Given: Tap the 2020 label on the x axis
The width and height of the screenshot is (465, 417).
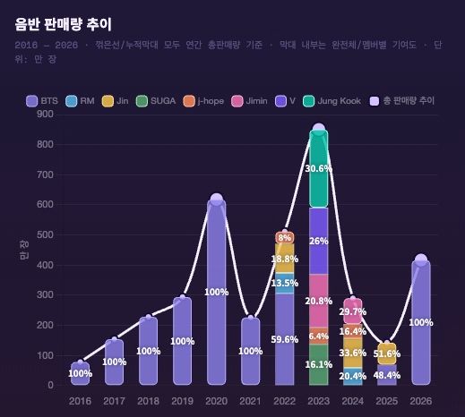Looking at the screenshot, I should (216, 402).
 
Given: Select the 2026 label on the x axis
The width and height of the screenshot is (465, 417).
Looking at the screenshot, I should (420, 402).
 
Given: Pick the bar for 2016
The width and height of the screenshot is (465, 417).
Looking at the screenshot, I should (80, 374).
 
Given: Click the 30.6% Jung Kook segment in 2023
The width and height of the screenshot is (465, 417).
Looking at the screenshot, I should (318, 169).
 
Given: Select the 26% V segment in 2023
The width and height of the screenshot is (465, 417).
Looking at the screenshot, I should (318, 241).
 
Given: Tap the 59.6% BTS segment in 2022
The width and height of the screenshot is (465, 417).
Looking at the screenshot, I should (284, 339).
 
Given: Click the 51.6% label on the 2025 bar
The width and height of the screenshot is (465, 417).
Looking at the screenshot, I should (386, 354).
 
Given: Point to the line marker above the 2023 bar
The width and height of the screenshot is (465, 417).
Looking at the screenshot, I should (318, 130).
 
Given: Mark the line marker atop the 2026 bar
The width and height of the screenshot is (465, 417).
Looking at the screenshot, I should (420, 260).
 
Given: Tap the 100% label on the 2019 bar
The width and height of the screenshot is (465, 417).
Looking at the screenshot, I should (182, 341).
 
